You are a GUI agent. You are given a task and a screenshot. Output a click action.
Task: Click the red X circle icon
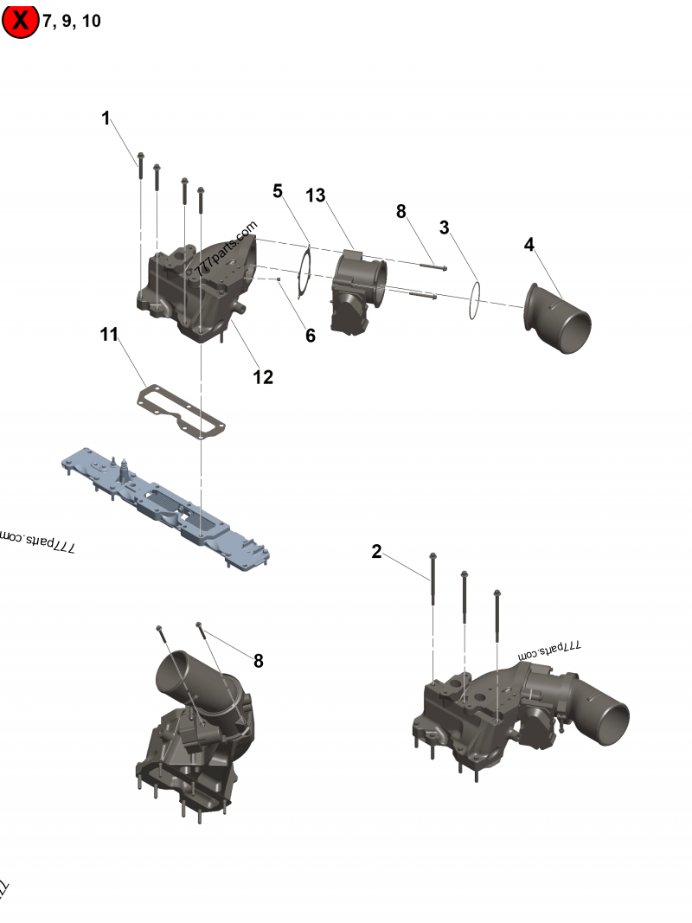coord(20,21)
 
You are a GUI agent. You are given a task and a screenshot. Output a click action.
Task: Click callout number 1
coord(106,119)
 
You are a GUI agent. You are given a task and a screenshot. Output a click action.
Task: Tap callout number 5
coord(278,190)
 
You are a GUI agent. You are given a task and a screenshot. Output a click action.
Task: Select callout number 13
coord(316,195)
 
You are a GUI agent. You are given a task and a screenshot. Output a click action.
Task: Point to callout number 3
coord(444,228)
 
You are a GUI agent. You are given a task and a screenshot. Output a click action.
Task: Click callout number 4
coord(529,245)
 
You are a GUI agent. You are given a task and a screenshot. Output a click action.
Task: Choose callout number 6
coord(311,335)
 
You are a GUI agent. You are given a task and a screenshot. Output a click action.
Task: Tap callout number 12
coord(263,376)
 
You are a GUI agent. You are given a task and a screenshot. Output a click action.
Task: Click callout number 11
coord(108,335)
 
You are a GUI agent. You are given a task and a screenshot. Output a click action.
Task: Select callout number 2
coord(376,552)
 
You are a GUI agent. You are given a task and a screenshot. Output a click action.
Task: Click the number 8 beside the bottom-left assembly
coord(258,661)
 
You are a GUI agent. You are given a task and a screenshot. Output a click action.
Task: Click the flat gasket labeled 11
coord(182,409)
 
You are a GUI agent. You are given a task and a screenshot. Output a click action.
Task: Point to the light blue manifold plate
coord(164,502)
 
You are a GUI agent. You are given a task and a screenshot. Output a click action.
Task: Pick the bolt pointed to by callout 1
coord(139,166)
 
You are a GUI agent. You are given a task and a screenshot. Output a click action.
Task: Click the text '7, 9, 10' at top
coord(72,22)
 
